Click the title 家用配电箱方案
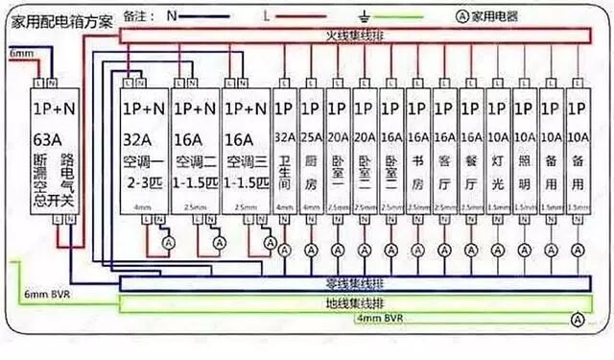[59, 19]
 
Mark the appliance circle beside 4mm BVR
[577, 319]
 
